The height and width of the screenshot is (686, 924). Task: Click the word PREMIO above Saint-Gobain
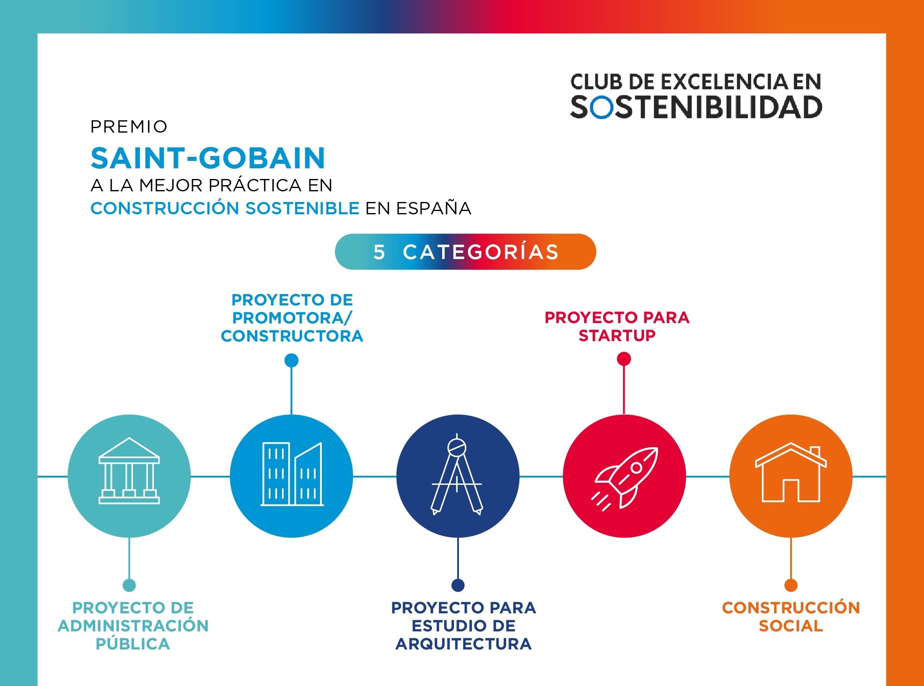click(128, 127)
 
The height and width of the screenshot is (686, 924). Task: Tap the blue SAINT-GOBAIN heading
click(208, 158)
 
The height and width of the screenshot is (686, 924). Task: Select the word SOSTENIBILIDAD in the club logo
click(696, 108)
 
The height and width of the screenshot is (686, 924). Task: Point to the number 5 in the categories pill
click(379, 252)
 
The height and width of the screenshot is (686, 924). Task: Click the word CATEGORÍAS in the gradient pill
click(481, 252)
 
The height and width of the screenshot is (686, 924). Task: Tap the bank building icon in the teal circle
click(129, 471)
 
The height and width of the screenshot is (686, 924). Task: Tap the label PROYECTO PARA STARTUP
click(617, 326)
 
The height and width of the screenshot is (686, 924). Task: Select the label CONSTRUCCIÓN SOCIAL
click(791, 617)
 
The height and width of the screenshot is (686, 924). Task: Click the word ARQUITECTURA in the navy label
click(463, 644)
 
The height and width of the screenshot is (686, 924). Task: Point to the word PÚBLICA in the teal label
click(133, 644)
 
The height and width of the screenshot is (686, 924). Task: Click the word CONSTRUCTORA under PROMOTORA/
click(292, 336)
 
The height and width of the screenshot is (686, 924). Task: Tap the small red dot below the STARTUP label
click(624, 359)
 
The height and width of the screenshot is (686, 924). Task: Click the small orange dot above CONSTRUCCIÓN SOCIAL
click(791, 585)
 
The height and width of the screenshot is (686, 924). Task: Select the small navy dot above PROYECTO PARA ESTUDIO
click(457, 585)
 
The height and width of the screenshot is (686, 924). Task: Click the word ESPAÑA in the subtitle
click(433, 209)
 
